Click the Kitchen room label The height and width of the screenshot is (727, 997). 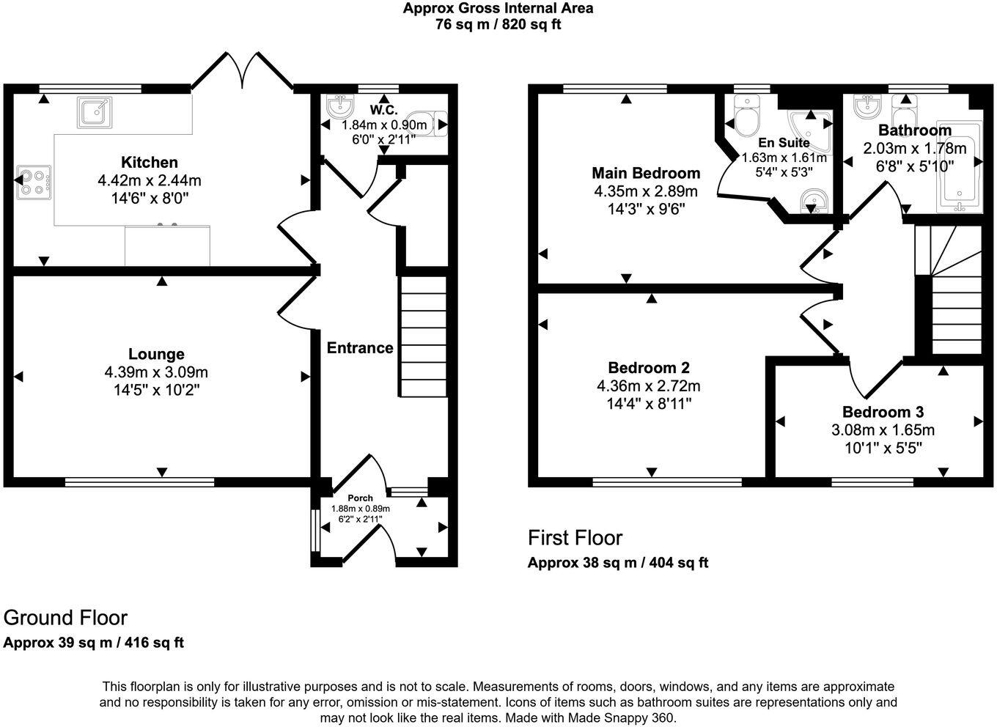(x=149, y=162)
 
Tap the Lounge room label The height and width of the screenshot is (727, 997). (x=156, y=355)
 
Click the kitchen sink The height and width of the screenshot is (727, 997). (x=95, y=113)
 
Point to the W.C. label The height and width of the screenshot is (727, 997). (x=383, y=111)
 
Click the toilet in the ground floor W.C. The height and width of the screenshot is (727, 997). (x=430, y=123)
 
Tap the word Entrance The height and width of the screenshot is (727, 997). (x=360, y=348)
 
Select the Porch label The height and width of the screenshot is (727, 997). (x=360, y=498)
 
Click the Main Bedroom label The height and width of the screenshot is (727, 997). (x=646, y=173)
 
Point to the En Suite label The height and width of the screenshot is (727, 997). (x=784, y=143)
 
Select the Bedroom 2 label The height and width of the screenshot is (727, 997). (x=649, y=368)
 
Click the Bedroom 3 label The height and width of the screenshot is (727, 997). (x=883, y=412)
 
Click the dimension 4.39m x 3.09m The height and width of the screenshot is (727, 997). (x=156, y=372)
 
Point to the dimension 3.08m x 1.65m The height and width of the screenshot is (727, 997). (x=883, y=430)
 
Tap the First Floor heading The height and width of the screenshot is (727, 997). (x=575, y=538)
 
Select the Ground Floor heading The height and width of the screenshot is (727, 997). (x=65, y=618)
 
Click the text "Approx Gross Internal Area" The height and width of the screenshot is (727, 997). (x=498, y=9)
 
